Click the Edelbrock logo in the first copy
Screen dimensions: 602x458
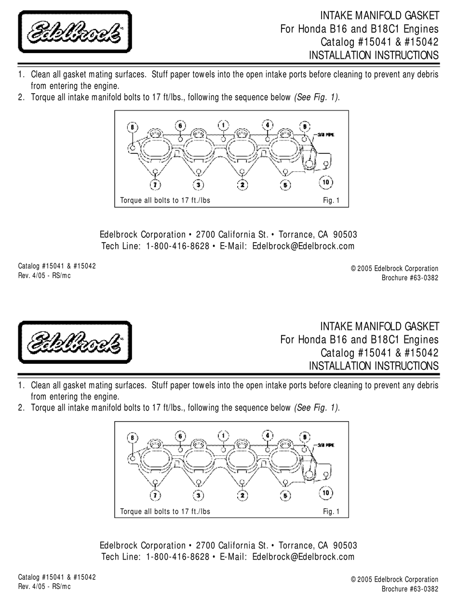coord(75,32)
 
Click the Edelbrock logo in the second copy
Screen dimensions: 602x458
coord(75,342)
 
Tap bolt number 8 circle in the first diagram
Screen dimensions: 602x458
coord(133,127)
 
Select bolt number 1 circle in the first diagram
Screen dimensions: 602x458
coord(223,125)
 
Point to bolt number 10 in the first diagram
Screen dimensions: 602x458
coord(326,182)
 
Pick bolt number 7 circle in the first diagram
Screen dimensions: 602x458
coord(155,184)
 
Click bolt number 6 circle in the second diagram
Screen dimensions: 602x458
coord(180,436)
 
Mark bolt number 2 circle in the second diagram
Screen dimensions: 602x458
coord(242,495)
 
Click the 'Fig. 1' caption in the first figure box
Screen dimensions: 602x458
coord(331,201)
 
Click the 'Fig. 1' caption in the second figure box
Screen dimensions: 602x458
coord(331,511)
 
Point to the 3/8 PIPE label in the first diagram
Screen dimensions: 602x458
coord(326,135)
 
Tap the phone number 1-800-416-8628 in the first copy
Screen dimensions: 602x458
coord(177,246)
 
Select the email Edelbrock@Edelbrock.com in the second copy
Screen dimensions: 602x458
coord(303,557)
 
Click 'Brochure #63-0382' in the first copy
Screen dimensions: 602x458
coord(410,278)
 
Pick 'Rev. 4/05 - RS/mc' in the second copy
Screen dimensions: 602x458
coord(44,587)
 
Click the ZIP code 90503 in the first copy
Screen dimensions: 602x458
coord(345,235)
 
